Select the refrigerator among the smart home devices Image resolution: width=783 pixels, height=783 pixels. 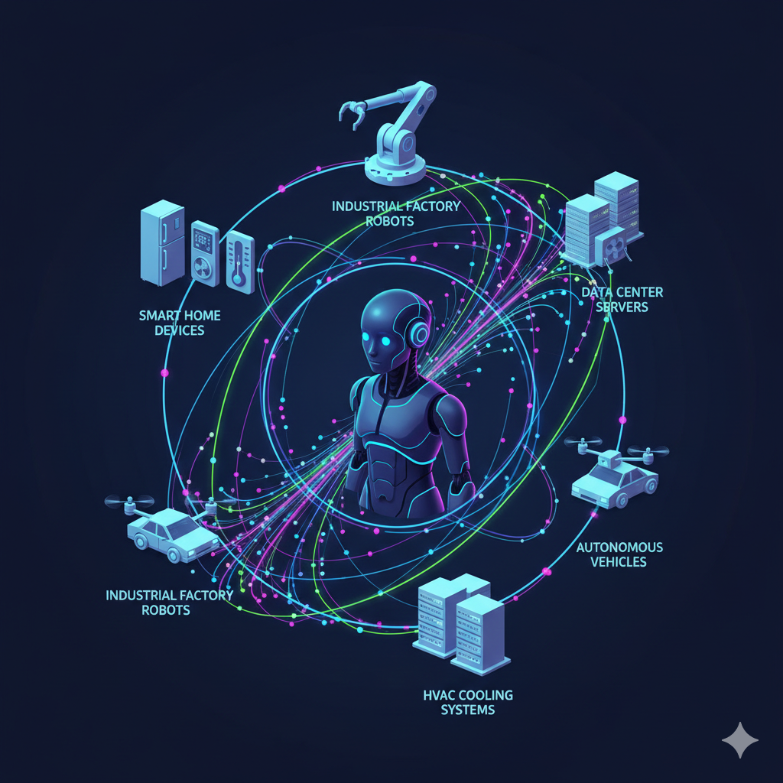[x=162, y=243]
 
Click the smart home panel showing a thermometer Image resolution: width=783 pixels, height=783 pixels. [x=239, y=261]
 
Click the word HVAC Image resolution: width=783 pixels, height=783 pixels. [x=439, y=695]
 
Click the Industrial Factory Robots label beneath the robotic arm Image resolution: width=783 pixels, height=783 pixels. [x=395, y=213]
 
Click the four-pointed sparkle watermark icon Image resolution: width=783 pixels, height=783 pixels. [x=739, y=740]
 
